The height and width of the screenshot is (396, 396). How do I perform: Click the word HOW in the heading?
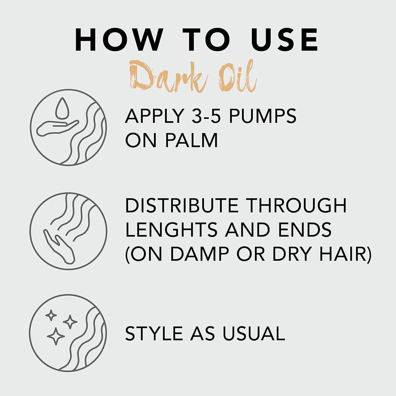coord(119,39)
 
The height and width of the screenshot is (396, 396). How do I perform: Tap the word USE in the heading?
coord(285,39)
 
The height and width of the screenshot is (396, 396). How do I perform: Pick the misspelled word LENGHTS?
coord(171,229)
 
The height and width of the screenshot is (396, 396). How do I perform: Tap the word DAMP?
coord(200,254)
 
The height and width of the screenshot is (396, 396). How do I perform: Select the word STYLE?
coord(154,333)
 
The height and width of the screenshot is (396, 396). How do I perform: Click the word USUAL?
coord(254,333)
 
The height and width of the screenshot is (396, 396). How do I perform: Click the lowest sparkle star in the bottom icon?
coord(56,336)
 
